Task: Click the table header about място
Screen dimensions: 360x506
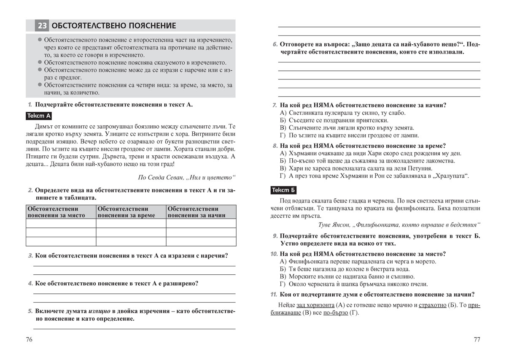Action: pyautogui.click(x=61, y=212)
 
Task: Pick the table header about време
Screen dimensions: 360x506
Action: pyautogui.click(x=131, y=212)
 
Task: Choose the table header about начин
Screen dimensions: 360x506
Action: pyautogui.click(x=201, y=212)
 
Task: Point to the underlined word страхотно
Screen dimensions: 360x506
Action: pyautogui.click(x=422, y=305)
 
